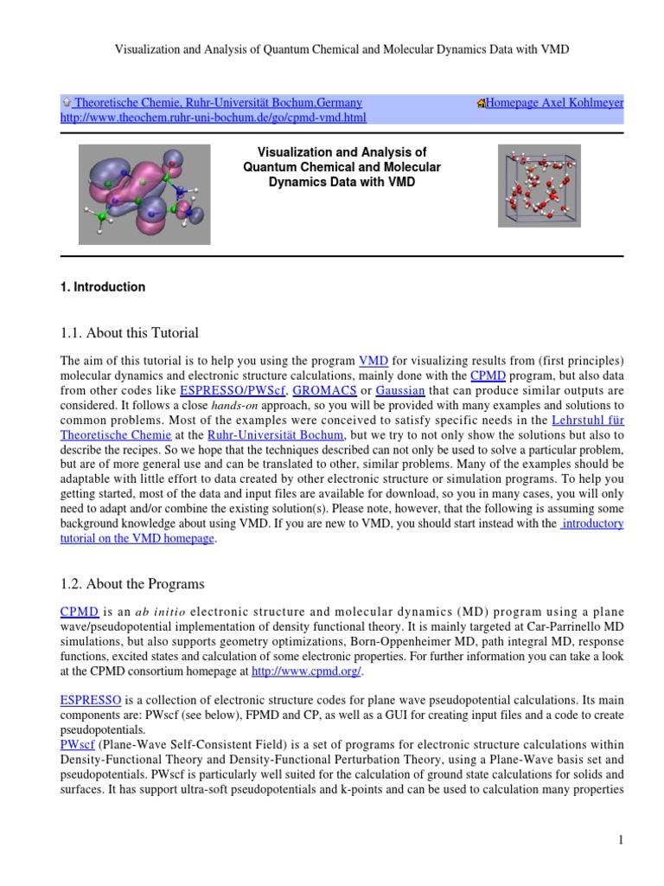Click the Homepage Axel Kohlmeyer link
pos(554,102)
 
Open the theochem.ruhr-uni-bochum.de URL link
pos(213,117)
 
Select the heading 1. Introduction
pos(102,287)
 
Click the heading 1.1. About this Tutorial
pos(129,333)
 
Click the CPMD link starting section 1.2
pos(79,610)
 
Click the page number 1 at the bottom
pos(621,840)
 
